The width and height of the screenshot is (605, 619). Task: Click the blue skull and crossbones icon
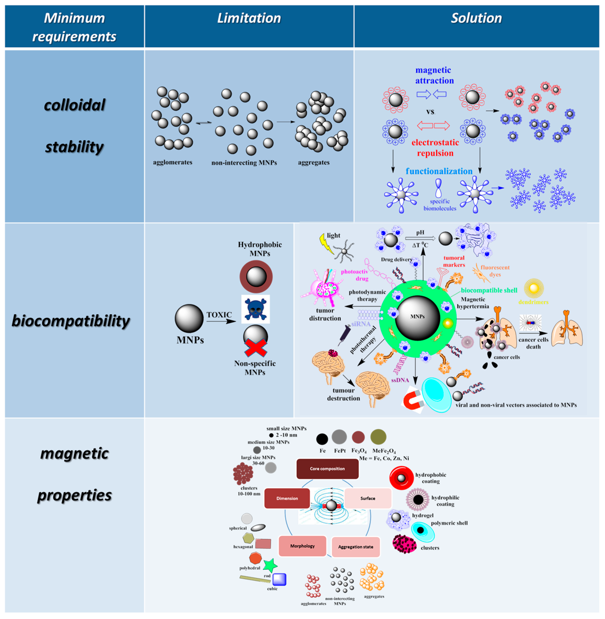pyautogui.click(x=255, y=309)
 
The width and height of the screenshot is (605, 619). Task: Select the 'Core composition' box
pyautogui.click(x=327, y=469)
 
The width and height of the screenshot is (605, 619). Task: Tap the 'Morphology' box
pyautogui.click(x=302, y=546)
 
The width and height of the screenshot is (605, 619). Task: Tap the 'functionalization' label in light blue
pyautogui.click(x=439, y=171)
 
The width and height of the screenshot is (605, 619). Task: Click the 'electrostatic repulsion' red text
pyautogui.click(x=435, y=148)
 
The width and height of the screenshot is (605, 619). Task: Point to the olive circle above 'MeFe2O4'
pyautogui.click(x=378, y=437)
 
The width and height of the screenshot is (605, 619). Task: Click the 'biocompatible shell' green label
pyautogui.click(x=489, y=290)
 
